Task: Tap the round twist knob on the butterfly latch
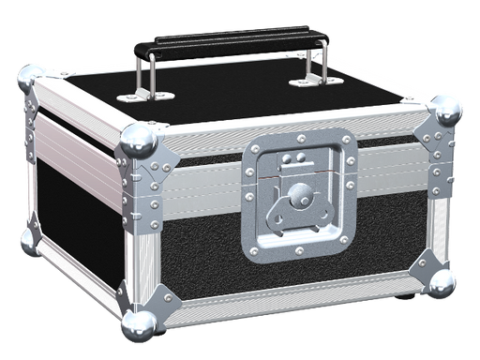point(301,198)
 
